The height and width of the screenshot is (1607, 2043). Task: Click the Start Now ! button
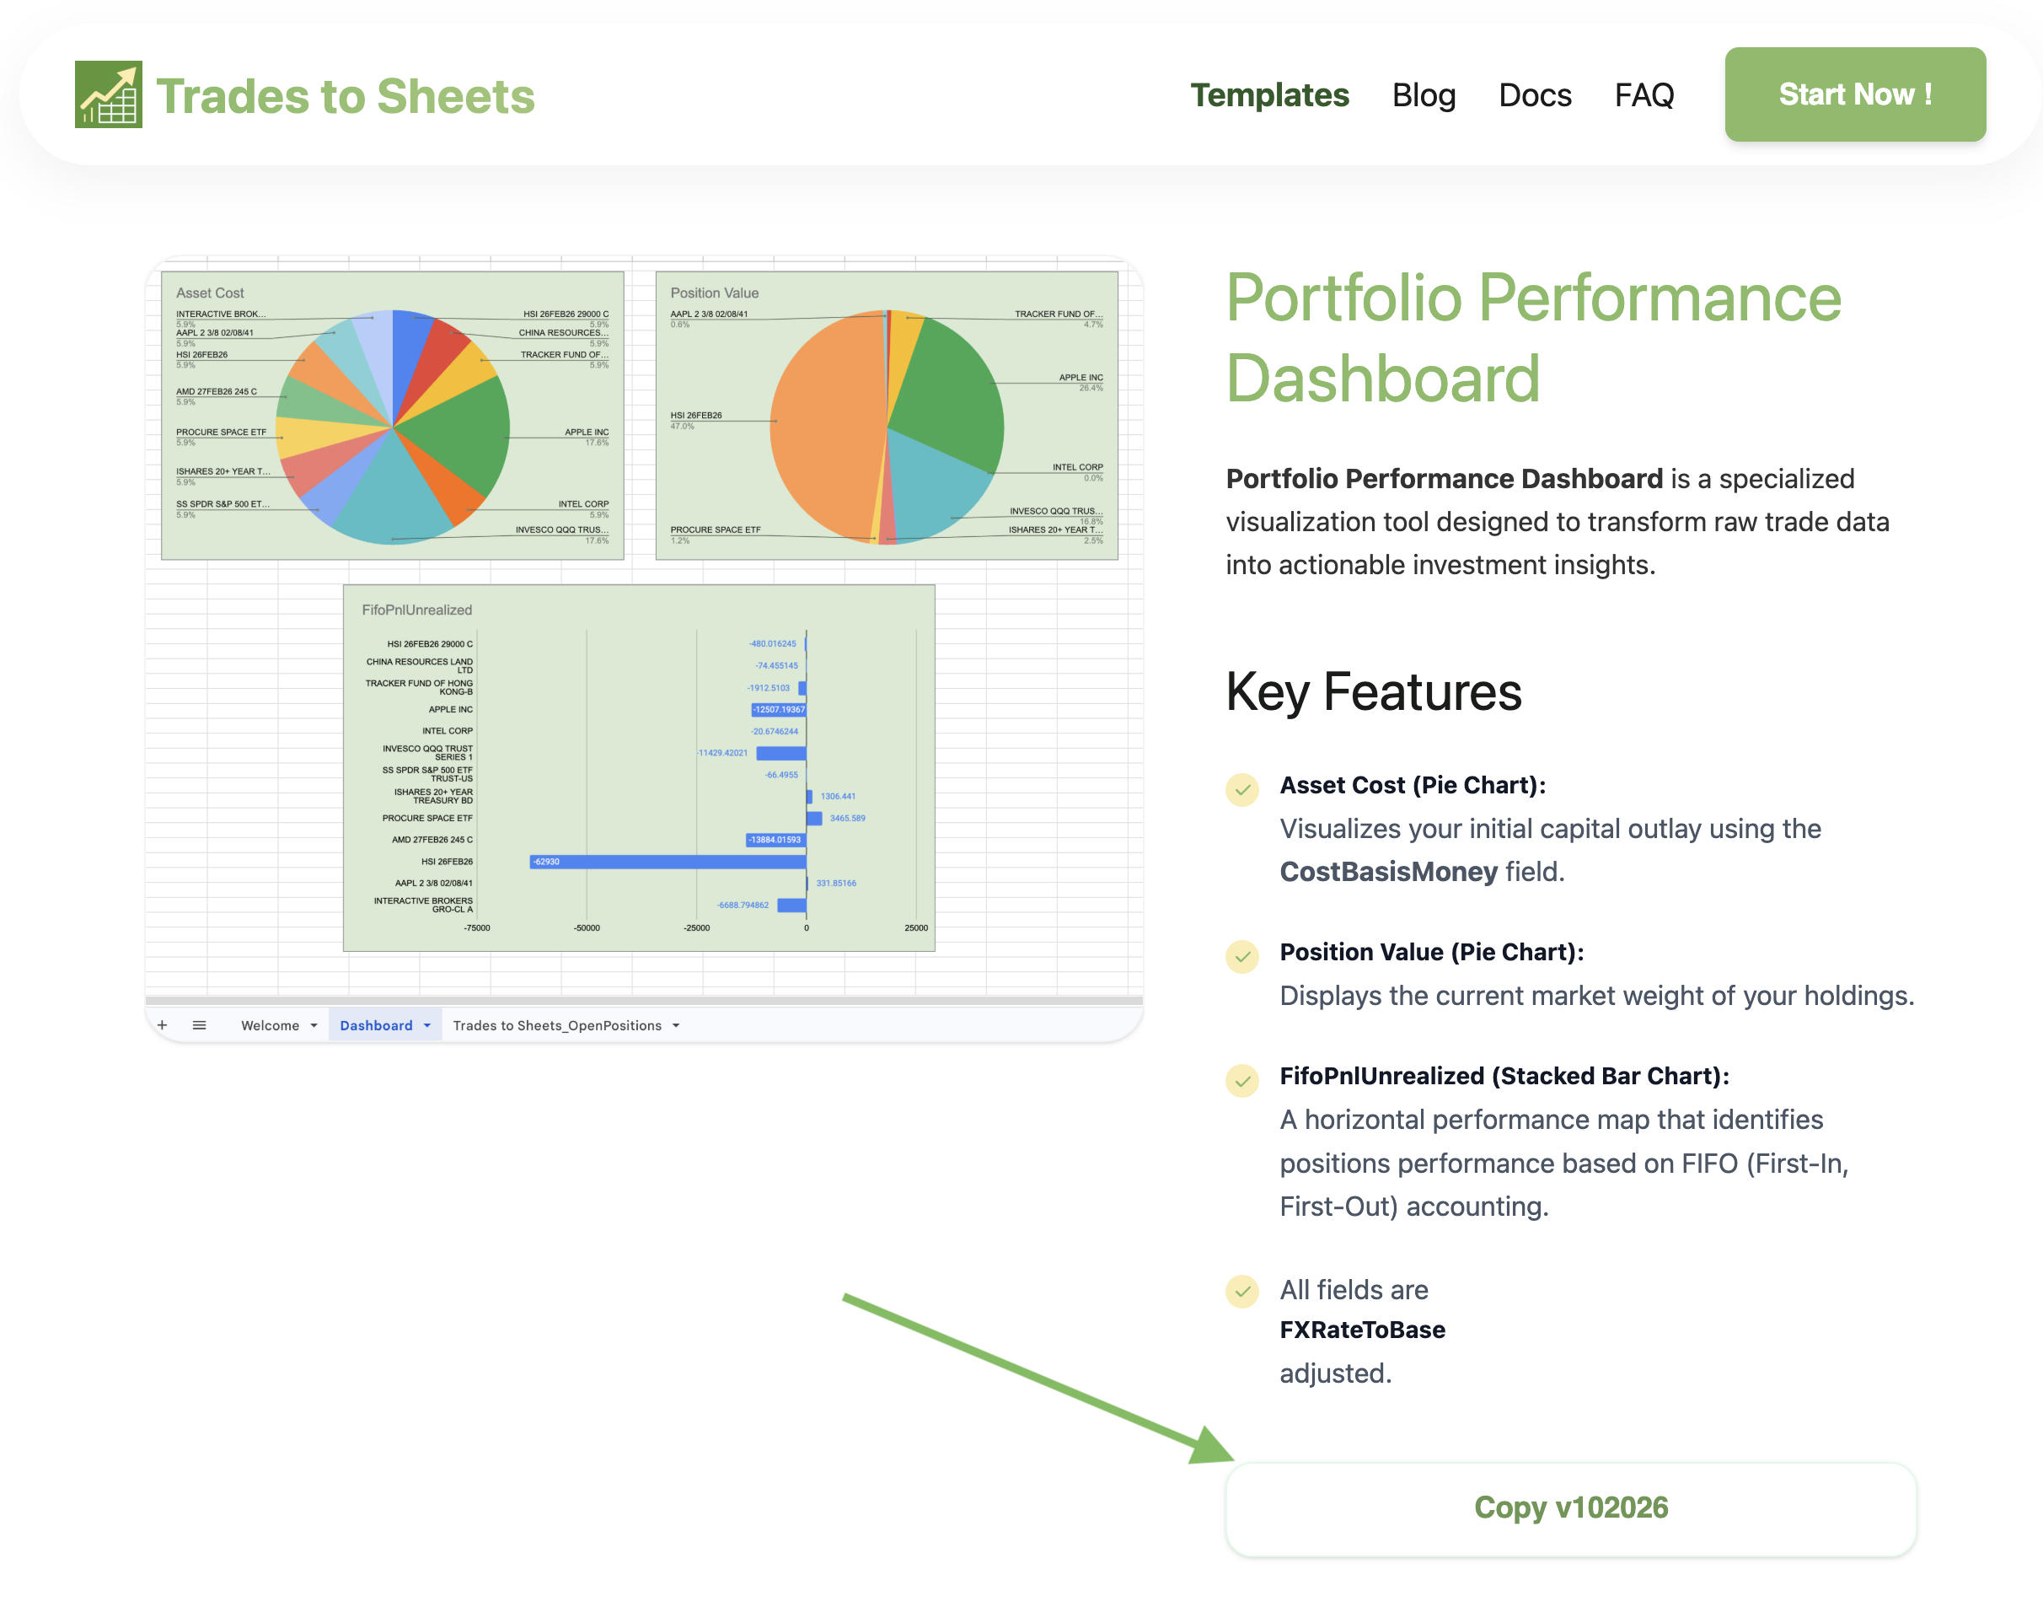1853,94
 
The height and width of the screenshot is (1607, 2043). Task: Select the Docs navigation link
1533,95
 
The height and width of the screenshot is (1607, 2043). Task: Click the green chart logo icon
108,94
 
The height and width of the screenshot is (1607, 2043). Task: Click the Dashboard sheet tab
375,1024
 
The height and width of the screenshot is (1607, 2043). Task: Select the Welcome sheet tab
269,1024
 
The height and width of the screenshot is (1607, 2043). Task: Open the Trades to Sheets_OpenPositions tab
556,1024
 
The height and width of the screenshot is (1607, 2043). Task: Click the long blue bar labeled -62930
668,861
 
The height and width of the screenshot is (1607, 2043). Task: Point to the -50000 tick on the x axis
586,927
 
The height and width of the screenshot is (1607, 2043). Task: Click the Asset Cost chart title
210,293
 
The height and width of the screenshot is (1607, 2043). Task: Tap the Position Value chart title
714,293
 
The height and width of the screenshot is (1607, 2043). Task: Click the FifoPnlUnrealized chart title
416,610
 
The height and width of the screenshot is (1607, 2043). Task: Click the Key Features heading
1372,691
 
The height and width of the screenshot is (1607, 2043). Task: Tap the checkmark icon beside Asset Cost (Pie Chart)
1241,788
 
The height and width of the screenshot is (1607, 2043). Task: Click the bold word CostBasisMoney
1387,871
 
